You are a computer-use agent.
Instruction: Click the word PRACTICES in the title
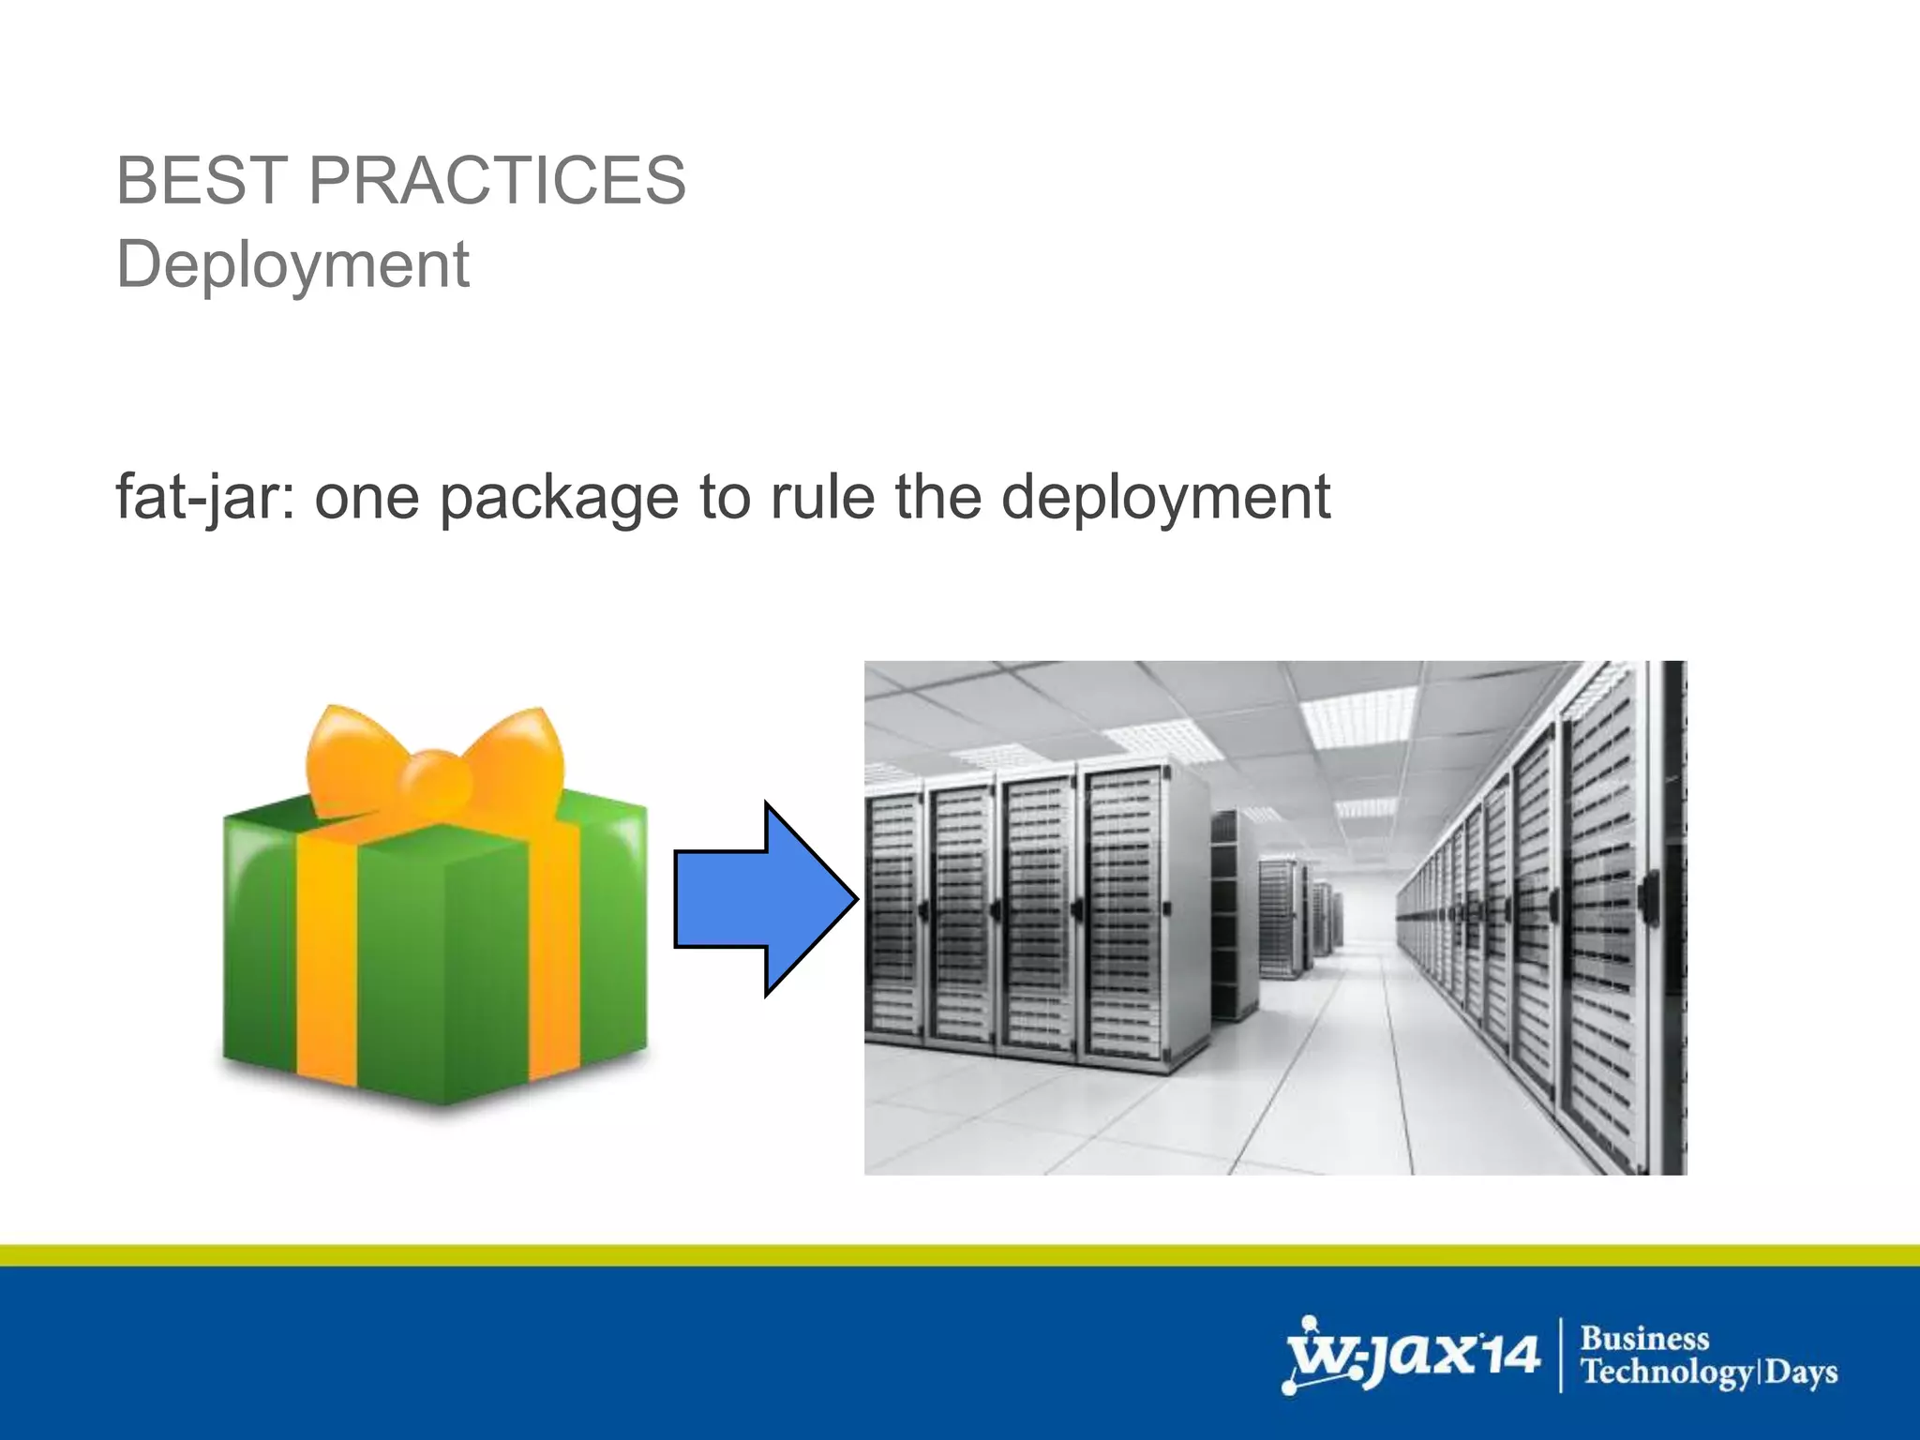point(497,180)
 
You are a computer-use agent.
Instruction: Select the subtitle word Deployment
point(292,265)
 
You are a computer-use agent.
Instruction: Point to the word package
point(559,498)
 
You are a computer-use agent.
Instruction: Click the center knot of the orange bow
point(434,781)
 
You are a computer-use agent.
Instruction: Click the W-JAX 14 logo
point(1410,1355)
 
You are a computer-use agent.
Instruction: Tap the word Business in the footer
point(1644,1338)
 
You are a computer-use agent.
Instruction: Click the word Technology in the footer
point(1666,1372)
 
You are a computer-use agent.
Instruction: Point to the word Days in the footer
point(1801,1372)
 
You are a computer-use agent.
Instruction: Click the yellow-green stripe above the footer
point(960,1255)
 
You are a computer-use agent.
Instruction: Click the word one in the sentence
point(367,498)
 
